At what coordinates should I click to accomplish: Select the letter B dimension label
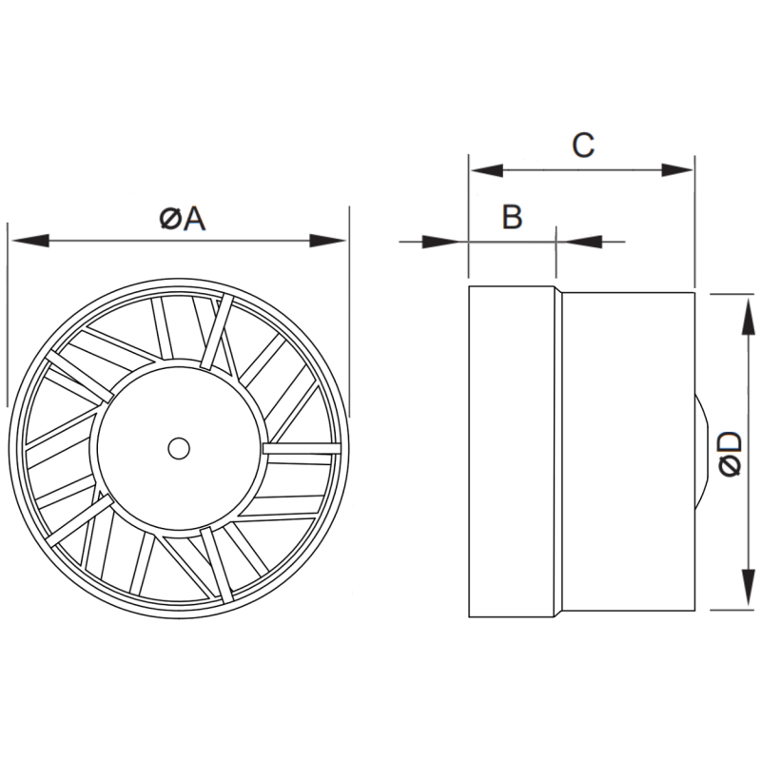pyautogui.click(x=512, y=218)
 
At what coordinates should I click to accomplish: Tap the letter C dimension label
pyautogui.click(x=582, y=146)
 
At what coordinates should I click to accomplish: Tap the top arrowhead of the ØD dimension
pyautogui.click(x=742, y=310)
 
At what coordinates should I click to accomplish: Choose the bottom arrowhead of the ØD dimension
pyautogui.click(x=742, y=597)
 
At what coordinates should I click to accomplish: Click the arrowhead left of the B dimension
pyautogui.click(x=453, y=241)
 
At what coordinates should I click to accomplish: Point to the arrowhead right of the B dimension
pyautogui.click(x=572, y=241)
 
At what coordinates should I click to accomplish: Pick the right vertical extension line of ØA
pyautogui.click(x=348, y=314)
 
